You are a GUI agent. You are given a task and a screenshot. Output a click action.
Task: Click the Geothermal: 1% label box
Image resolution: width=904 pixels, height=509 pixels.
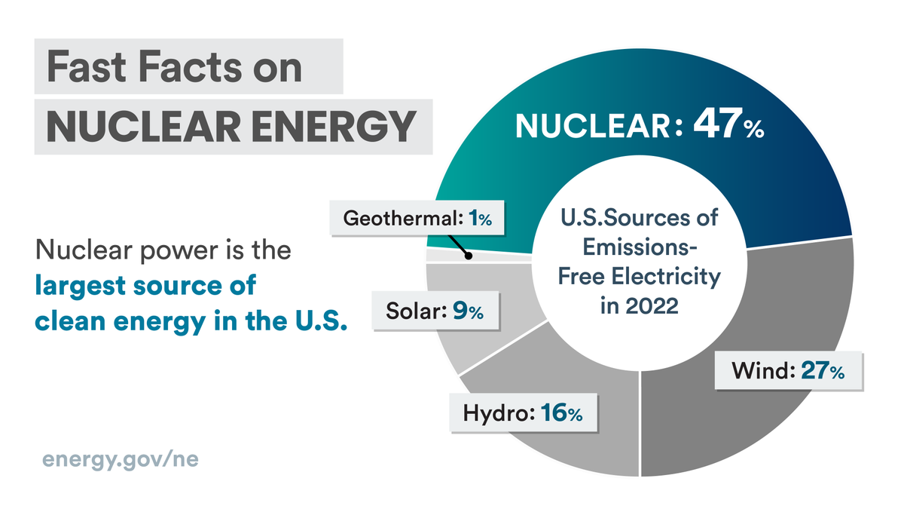point(417,219)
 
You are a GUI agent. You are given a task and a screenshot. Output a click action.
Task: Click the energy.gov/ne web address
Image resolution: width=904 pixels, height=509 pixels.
point(121,459)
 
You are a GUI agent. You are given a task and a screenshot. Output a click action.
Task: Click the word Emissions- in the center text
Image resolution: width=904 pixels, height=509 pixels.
point(639,248)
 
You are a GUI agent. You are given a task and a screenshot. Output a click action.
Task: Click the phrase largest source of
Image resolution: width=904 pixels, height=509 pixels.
point(145,287)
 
